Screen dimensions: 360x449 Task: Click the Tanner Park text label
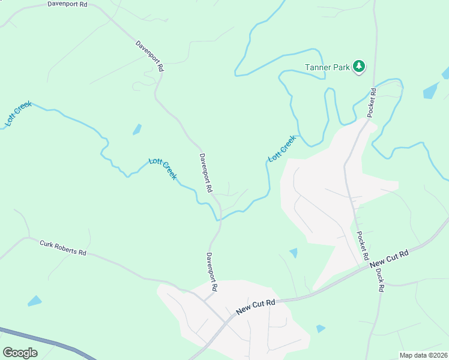327,67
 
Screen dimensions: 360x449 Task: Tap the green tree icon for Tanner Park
358,66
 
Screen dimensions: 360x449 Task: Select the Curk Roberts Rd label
63,248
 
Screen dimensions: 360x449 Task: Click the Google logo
20,352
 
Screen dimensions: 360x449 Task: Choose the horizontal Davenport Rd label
67,4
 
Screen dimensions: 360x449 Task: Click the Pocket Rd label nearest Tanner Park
372,103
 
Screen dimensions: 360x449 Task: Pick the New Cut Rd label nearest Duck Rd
389,259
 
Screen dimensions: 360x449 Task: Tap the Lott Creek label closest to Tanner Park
282,148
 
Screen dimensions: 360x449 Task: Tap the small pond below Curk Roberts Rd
35,301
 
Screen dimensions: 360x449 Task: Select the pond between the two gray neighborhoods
293,253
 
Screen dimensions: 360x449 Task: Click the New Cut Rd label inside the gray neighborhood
255,307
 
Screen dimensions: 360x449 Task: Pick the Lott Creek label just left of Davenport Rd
163,169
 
